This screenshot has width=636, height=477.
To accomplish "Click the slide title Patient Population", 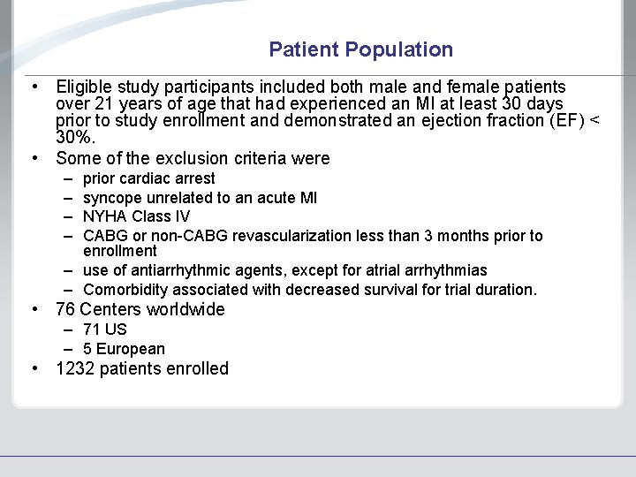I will point(360,49).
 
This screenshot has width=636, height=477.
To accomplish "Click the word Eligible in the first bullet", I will point(84,87).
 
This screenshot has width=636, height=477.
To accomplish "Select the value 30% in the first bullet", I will point(74,138).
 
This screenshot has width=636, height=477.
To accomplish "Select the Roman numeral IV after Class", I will point(181,216).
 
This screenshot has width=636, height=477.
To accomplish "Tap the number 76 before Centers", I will point(65,309).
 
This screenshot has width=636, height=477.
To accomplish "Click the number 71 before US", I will point(93,329).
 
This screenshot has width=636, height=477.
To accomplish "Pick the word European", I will point(131,349).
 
